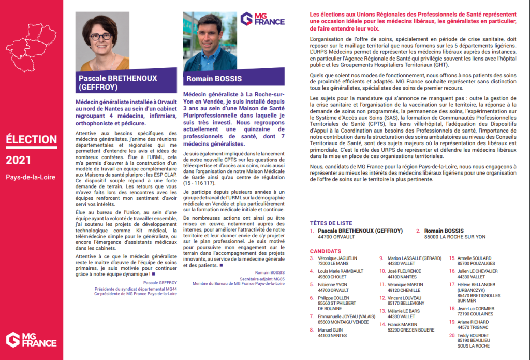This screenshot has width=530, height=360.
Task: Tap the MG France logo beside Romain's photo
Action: pos(262,20)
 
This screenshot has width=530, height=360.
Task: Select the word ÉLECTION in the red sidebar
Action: pos(31,139)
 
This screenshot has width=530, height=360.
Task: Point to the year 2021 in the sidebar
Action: pos(19,161)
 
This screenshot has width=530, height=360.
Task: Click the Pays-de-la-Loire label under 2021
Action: pos(31,177)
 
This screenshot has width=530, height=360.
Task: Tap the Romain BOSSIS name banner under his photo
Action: pos(213,79)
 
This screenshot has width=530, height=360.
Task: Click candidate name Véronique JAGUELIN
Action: pos(337,258)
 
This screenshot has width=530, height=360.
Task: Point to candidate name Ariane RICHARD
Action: pos(473,322)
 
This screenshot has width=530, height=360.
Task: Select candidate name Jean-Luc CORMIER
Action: pos(477,308)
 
